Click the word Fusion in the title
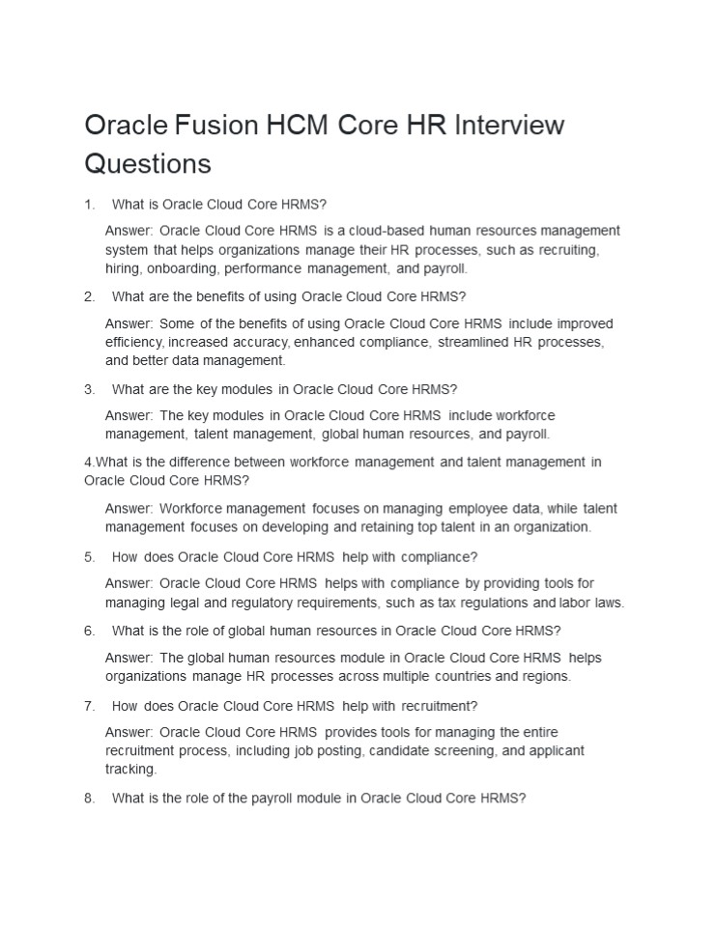[219, 126]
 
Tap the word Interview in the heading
[509, 126]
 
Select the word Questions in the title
[148, 163]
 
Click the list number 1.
[89, 205]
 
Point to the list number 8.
[89, 799]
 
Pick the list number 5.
[89, 557]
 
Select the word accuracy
[258, 342]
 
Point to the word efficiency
[134, 342]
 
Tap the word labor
[577, 603]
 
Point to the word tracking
[129, 770]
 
